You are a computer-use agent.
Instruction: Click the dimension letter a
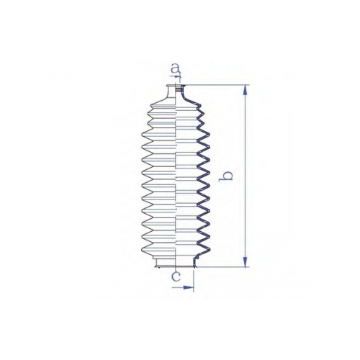pos(175,68)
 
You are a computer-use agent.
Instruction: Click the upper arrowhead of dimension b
pos(245,90)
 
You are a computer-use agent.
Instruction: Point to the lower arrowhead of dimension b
pos(245,261)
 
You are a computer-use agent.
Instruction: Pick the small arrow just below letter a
pos(177,76)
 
